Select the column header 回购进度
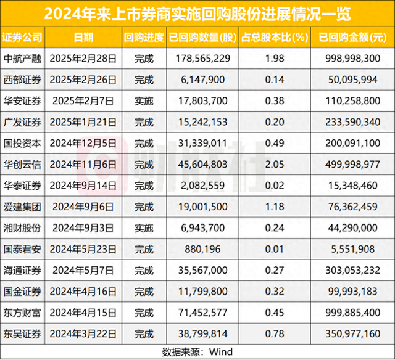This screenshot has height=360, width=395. tap(144, 37)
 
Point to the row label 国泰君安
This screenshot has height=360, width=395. tap(23, 249)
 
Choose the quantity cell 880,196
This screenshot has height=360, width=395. tap(203, 249)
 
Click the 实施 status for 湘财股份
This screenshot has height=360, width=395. tap(144, 228)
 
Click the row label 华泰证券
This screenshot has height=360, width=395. tap(23, 186)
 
